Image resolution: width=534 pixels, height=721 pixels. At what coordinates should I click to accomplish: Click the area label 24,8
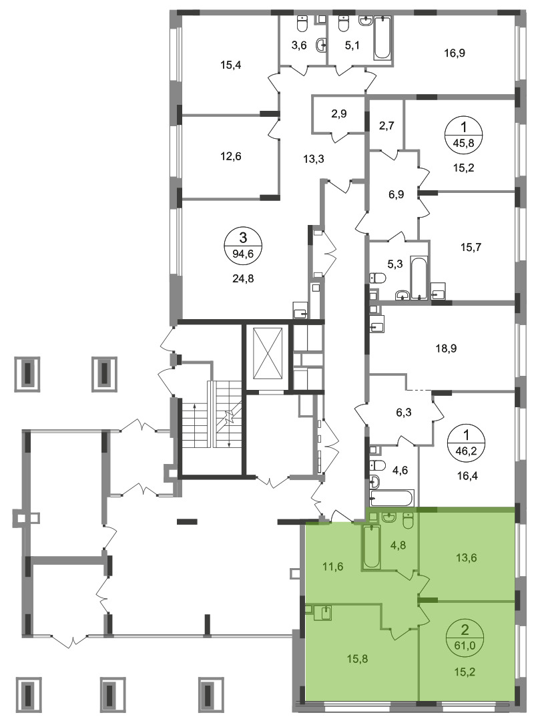click(x=244, y=278)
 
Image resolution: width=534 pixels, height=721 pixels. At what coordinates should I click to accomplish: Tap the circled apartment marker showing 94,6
click(x=244, y=245)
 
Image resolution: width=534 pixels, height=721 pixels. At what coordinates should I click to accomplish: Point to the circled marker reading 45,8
click(x=464, y=134)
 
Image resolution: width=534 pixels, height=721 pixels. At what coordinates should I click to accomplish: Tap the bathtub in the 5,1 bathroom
click(x=382, y=38)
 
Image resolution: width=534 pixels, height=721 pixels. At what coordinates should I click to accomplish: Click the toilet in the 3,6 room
click(x=302, y=24)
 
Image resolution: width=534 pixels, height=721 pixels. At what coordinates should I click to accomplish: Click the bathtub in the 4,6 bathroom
click(x=392, y=498)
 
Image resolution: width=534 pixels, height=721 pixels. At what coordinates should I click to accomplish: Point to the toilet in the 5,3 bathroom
click(x=378, y=278)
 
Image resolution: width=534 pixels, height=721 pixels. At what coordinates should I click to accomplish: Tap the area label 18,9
click(x=446, y=348)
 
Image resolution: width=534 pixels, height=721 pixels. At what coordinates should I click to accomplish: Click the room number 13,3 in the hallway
click(x=314, y=159)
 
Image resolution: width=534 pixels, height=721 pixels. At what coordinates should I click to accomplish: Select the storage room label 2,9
click(x=339, y=113)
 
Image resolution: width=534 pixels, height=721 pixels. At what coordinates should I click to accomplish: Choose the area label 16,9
click(x=455, y=53)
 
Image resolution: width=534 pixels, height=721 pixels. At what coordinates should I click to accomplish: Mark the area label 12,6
click(x=231, y=156)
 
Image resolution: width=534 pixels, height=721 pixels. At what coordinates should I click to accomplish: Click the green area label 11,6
click(x=333, y=567)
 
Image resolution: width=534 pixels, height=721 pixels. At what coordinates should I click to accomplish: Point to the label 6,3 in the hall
click(x=403, y=413)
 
